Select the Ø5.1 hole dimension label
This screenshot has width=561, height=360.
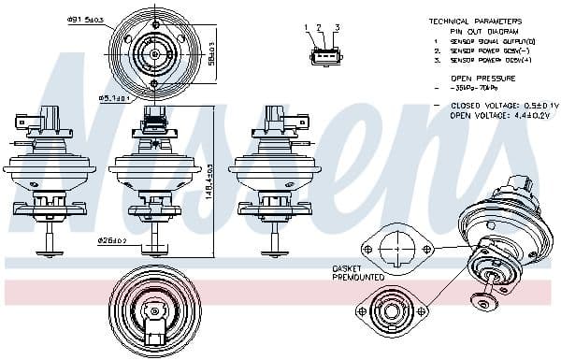click(115, 96)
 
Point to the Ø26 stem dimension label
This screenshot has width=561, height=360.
click(111, 240)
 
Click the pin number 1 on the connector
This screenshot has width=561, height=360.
click(308, 28)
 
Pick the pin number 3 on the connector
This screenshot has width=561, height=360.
click(336, 28)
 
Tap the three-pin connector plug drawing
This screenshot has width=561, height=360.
click(322, 56)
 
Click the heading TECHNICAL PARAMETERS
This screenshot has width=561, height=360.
click(475, 21)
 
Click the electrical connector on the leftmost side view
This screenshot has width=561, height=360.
click(47, 121)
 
